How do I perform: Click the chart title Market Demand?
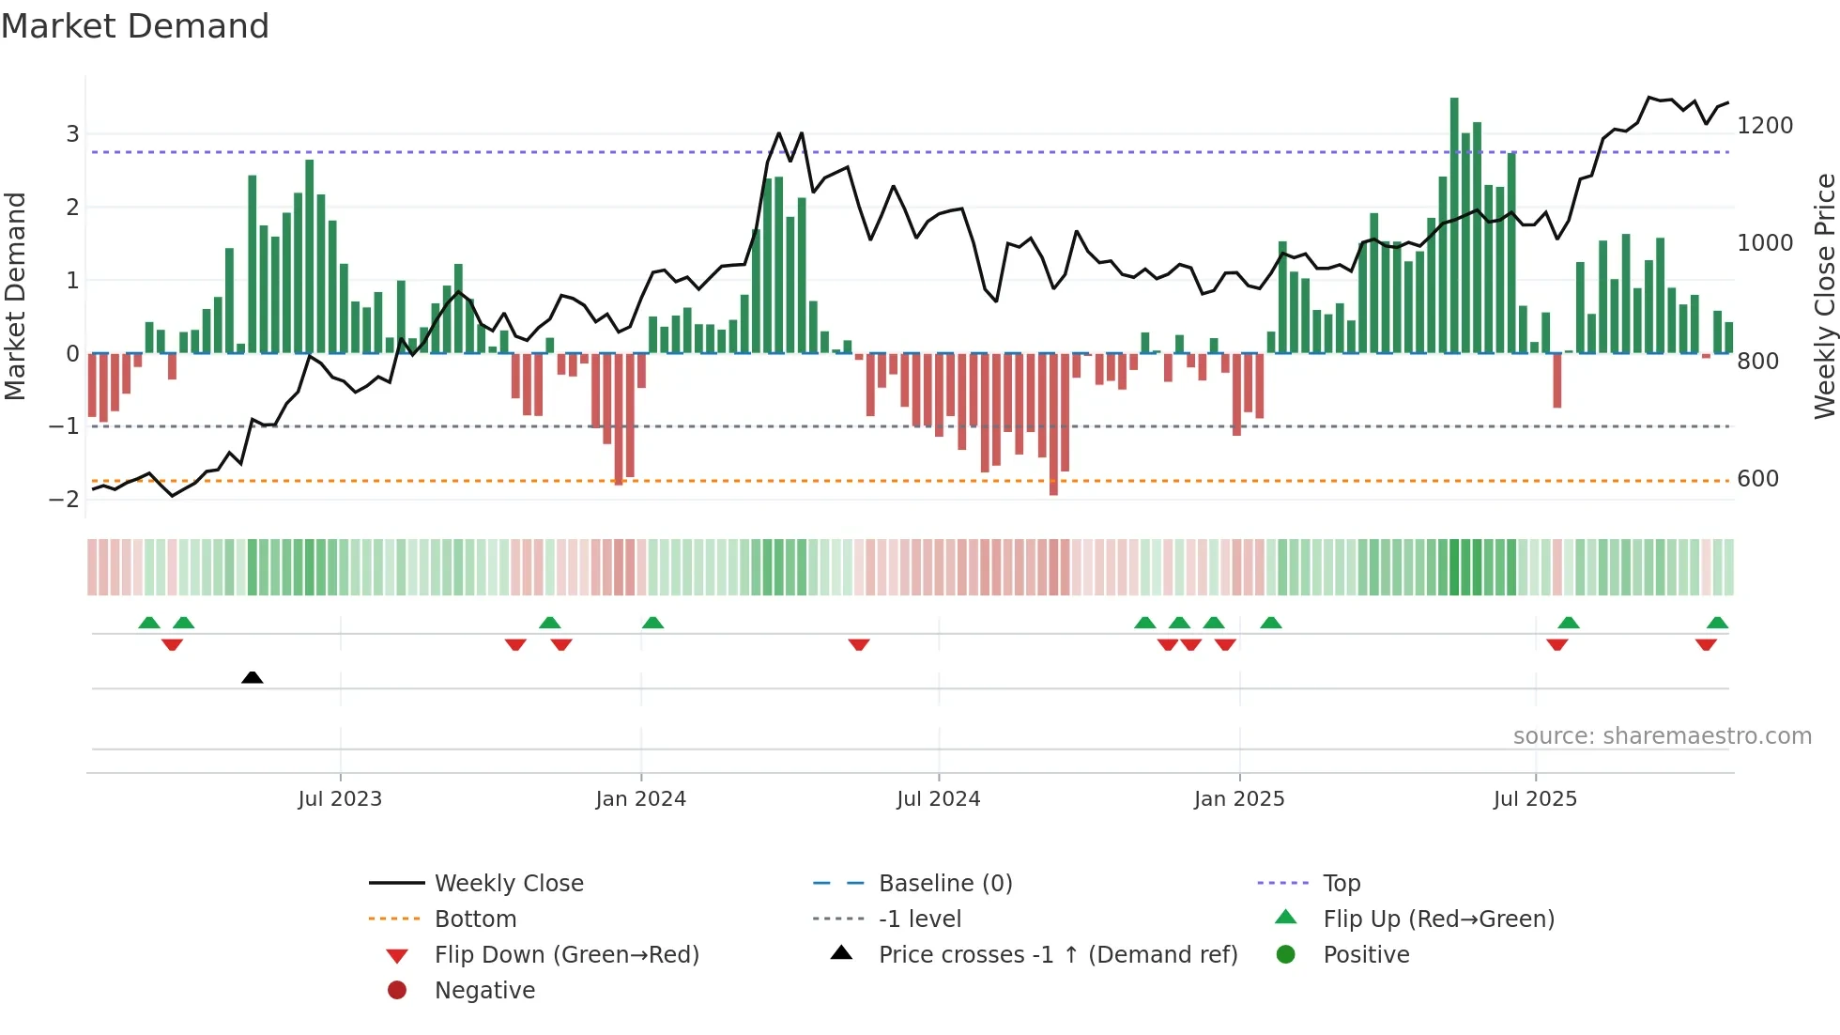coord(135,26)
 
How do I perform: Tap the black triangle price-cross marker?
coord(252,677)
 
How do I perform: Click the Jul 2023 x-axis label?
coord(340,799)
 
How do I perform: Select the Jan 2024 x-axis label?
coord(640,799)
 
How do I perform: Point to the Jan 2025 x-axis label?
coord(1239,799)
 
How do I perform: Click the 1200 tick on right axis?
coord(1765,126)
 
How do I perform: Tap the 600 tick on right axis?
coord(1757,479)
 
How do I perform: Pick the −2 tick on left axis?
coord(64,500)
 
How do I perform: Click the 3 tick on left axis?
coord(72,134)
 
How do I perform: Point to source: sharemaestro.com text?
coord(1662,736)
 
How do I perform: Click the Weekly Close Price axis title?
coord(1824,296)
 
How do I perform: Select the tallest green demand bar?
coord(1454,225)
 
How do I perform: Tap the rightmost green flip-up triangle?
coord(1717,623)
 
